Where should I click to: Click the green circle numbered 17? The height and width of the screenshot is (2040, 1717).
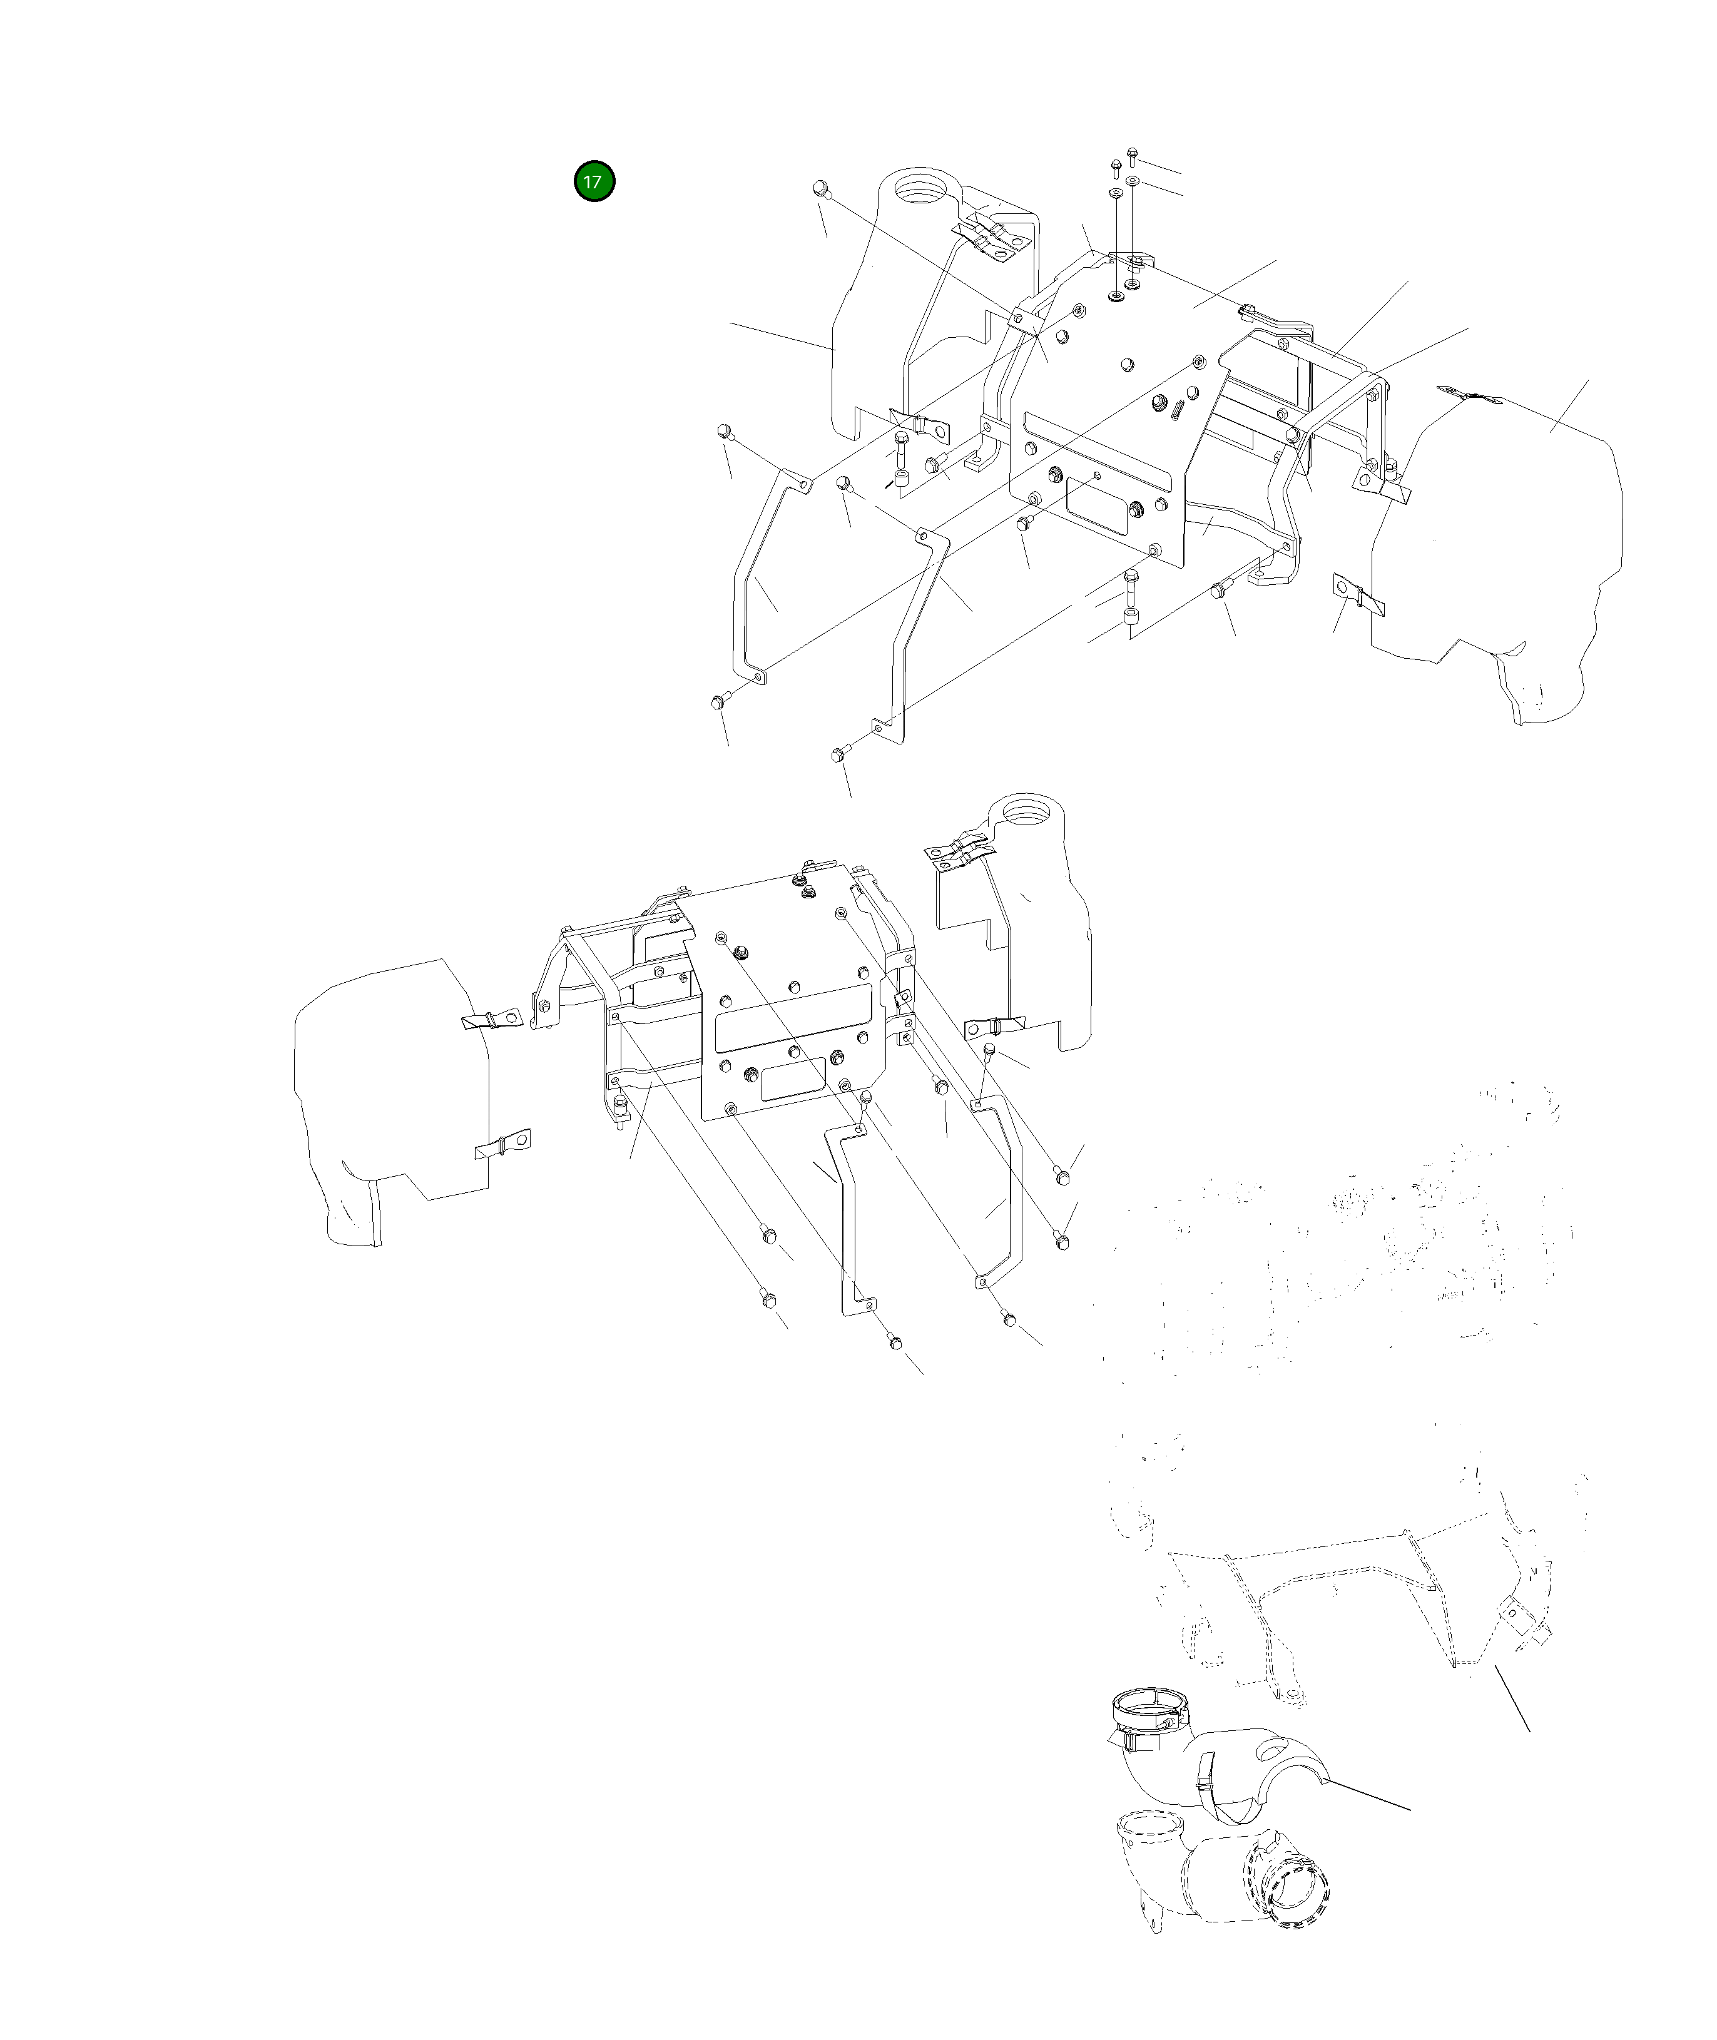pyautogui.click(x=594, y=181)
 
